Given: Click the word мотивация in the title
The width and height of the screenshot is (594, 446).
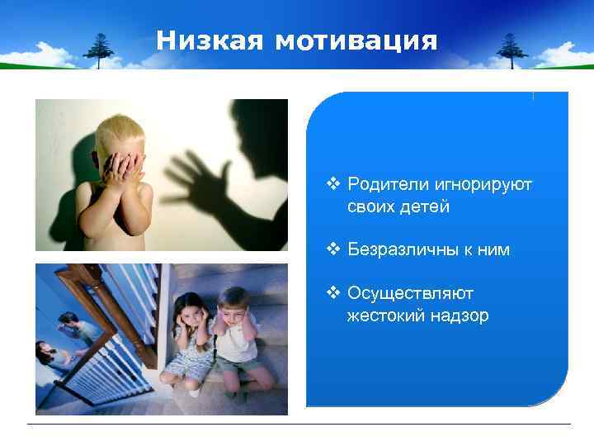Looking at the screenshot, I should tap(356, 40).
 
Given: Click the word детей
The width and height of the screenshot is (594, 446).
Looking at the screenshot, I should tap(426, 206).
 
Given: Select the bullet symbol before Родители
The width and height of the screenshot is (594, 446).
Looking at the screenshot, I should tap(334, 183).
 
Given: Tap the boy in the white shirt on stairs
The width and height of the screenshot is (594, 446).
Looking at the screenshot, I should tap(238, 339).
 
